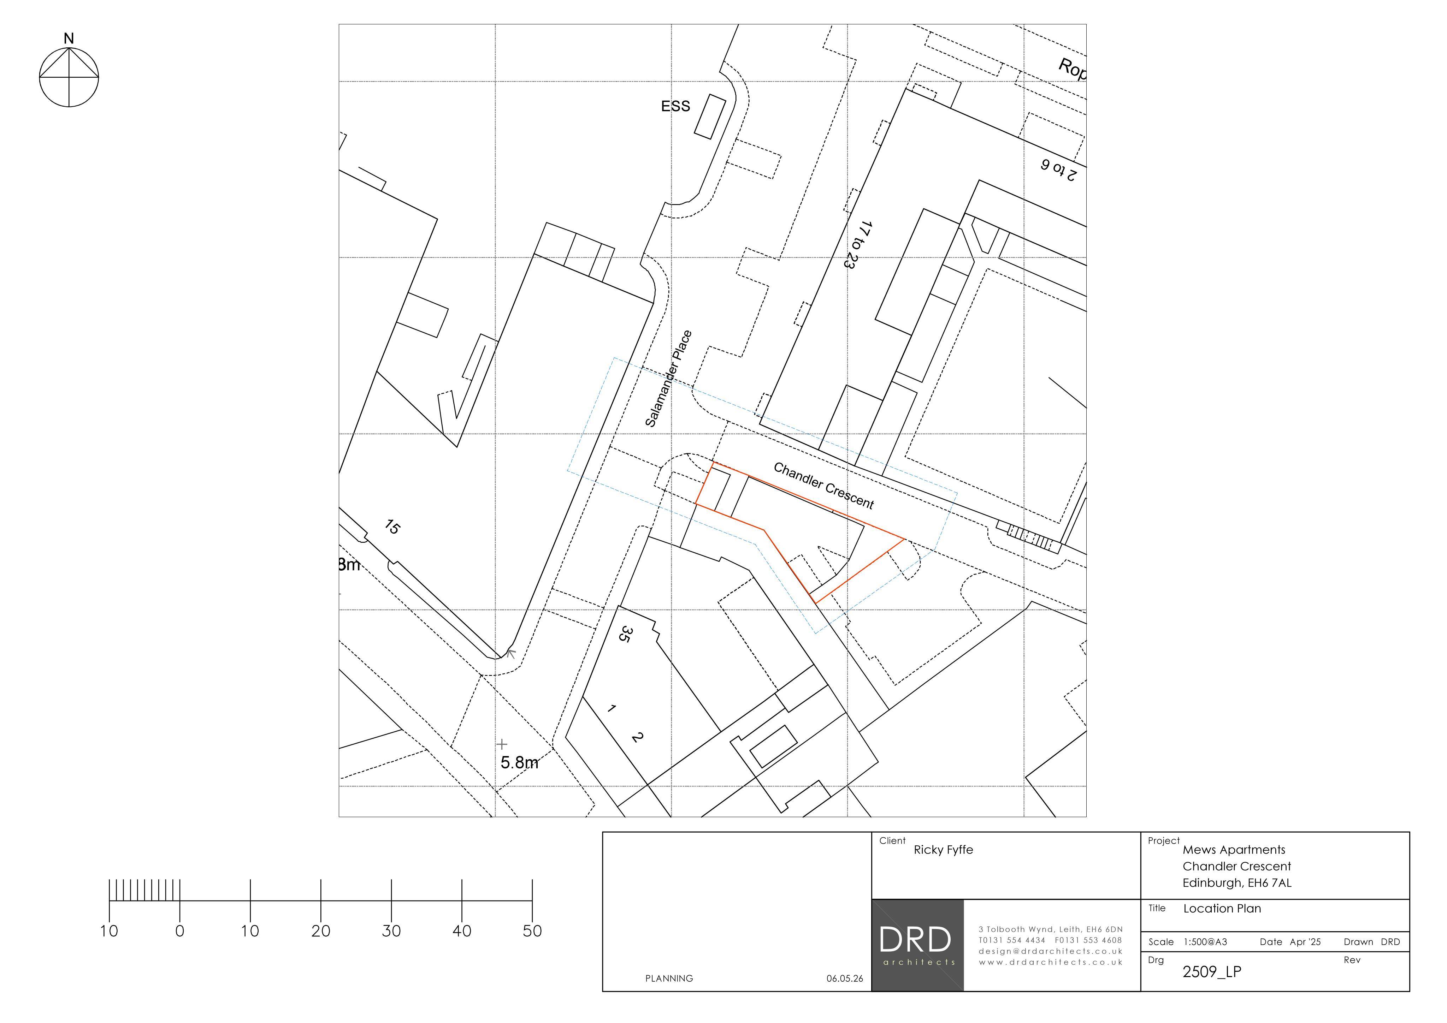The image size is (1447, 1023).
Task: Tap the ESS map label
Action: tap(675, 106)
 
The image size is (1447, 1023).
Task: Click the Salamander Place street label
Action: tap(669, 379)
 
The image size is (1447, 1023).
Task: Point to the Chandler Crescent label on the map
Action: tap(824, 486)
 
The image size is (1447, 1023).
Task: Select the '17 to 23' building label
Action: tap(856, 245)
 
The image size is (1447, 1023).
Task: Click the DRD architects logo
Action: tap(917, 945)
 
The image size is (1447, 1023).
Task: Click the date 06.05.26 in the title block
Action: tap(845, 978)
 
